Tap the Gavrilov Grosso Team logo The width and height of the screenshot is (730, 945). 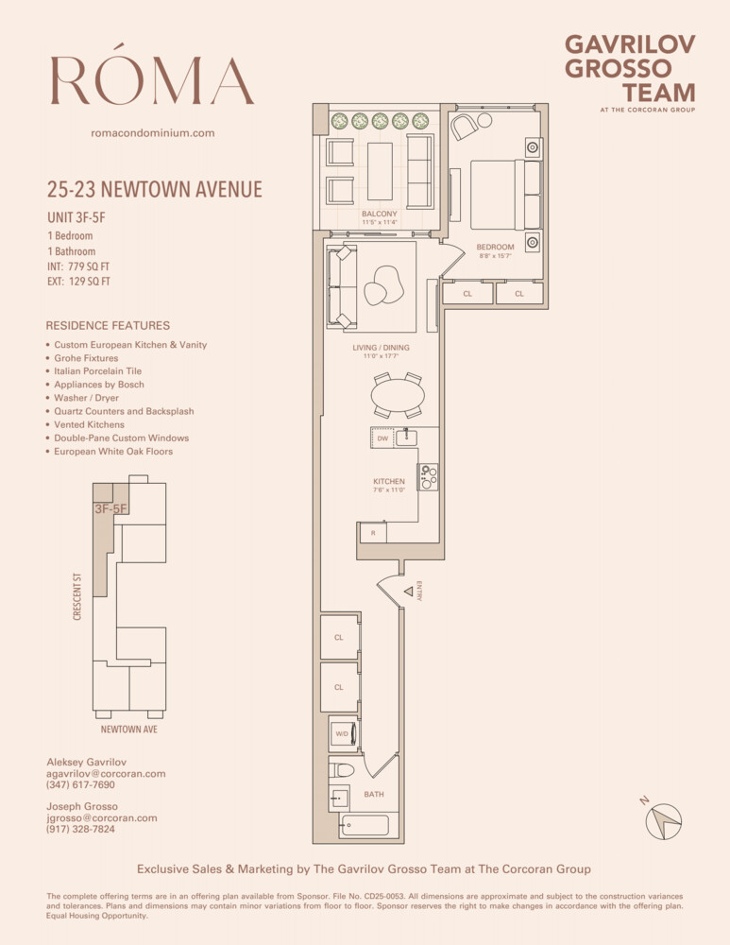629,69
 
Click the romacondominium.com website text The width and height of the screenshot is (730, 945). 152,133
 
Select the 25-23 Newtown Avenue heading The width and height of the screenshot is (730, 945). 154,190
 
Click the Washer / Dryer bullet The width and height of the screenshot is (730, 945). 87,398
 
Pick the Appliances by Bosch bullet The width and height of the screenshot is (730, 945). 99,385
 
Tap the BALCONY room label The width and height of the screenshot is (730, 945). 379,214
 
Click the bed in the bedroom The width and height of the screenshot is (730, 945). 505,195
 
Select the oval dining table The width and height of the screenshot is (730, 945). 397,394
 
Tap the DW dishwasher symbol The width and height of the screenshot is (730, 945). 382,438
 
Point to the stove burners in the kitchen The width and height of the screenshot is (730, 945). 428,477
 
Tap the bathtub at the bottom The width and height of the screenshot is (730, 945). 364,826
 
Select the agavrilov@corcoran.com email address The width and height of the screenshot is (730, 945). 106,773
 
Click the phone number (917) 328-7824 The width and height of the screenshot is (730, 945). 80,829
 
